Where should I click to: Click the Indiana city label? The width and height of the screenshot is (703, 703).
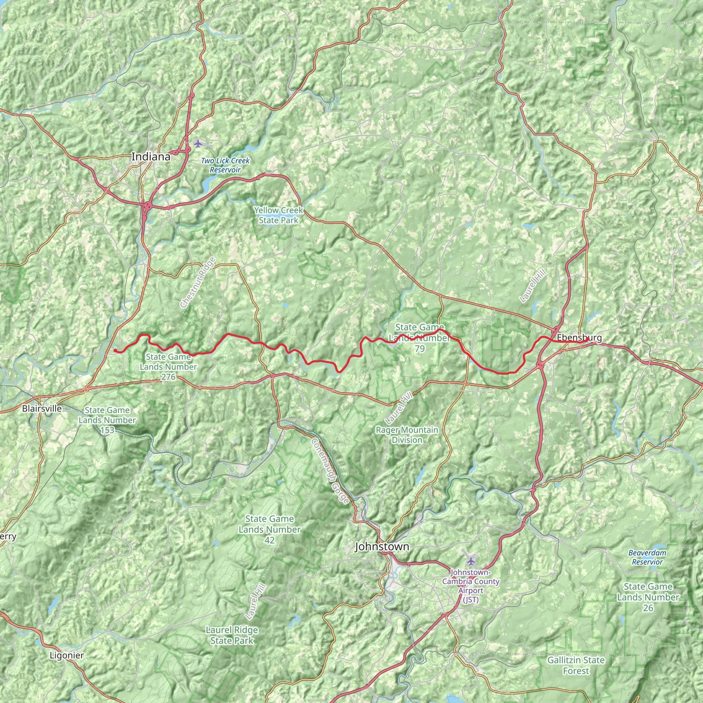coord(151,157)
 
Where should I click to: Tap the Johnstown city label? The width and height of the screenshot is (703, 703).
coord(382,546)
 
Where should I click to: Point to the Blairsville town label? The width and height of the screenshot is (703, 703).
coord(42,408)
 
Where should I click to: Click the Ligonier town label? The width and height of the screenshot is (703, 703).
coord(67,655)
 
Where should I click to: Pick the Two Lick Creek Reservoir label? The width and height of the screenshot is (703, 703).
coord(225,165)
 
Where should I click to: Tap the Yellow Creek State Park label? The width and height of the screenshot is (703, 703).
coord(279,215)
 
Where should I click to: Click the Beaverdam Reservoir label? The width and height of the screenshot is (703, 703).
coord(647,557)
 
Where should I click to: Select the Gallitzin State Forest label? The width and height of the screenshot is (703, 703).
coord(576,665)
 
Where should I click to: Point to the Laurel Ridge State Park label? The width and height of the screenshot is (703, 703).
coord(232,635)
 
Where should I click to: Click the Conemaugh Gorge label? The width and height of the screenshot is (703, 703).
coord(330,471)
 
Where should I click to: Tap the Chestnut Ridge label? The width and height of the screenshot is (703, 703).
coord(198,282)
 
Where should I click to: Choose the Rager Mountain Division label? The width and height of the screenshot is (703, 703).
coord(407,435)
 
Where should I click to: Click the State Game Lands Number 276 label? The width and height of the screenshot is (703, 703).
coord(168,367)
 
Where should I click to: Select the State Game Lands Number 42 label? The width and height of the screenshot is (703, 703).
coord(269,529)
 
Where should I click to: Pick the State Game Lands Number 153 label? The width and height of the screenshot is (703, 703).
coord(107,420)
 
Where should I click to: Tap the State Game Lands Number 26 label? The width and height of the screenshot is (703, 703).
coord(648,597)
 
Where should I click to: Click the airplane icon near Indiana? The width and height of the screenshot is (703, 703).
coord(198,144)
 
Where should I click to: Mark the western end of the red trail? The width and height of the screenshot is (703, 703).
coord(115,350)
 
